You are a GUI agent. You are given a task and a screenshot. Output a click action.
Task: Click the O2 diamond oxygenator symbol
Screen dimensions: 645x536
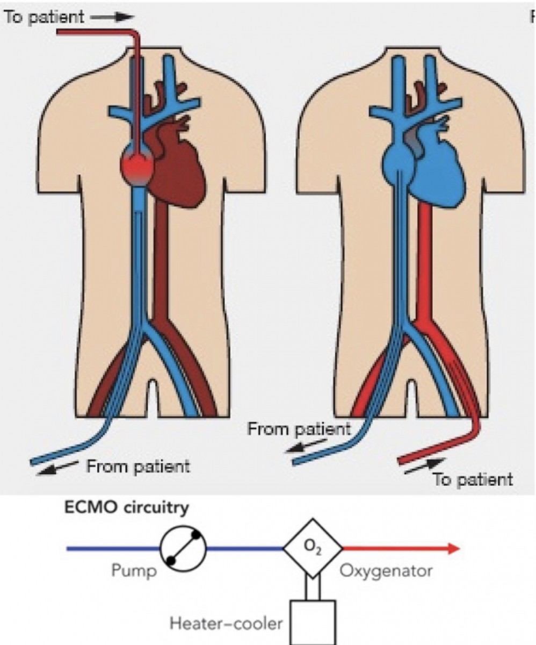point(313,548)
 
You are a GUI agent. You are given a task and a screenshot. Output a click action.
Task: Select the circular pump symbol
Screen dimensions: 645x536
point(183,548)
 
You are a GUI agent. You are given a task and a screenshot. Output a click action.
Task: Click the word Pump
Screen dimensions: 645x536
point(134,570)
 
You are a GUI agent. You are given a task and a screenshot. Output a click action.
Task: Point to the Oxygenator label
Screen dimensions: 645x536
point(386,570)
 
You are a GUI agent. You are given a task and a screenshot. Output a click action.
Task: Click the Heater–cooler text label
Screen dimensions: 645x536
point(226,623)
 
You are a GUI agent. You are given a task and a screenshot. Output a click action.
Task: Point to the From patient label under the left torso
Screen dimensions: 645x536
point(138,465)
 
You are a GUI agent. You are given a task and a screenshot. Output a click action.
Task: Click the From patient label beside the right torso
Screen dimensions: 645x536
point(299,430)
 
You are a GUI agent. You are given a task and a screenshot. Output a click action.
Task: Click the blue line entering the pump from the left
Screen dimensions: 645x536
point(113,549)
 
